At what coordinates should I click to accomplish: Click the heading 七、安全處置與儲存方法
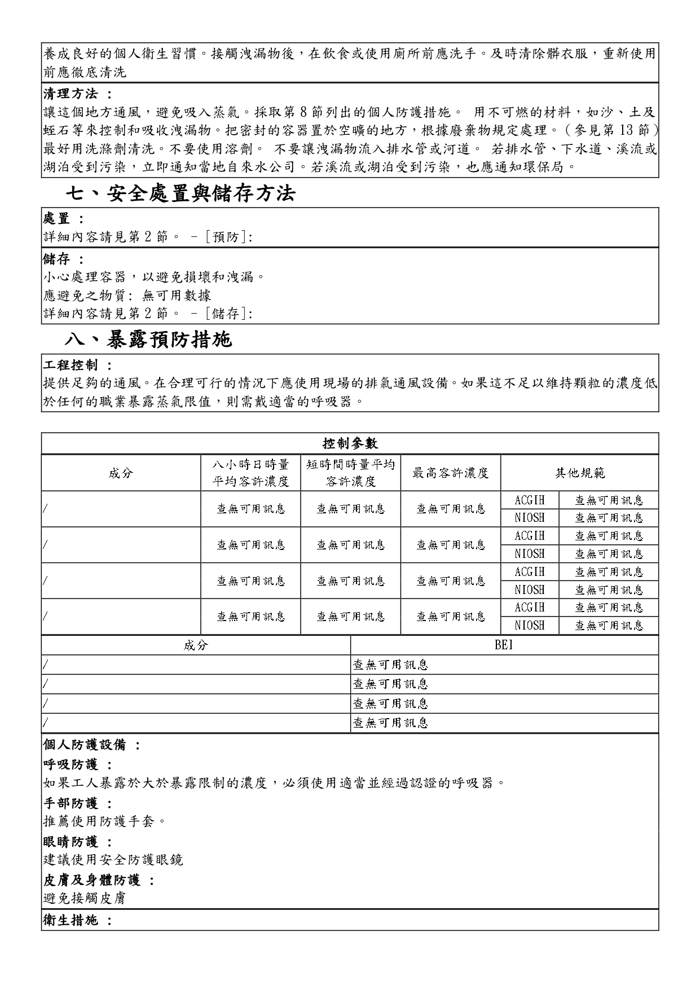tap(180, 193)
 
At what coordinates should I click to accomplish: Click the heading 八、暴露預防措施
tap(148, 340)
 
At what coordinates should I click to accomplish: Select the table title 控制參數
tap(350, 443)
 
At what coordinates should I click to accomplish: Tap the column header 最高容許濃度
tap(450, 473)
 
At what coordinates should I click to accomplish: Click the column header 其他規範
tap(579, 473)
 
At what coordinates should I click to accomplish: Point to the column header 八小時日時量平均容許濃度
tap(250, 473)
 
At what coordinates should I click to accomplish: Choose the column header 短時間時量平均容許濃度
tap(350, 473)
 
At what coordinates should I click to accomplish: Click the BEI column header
tap(504, 645)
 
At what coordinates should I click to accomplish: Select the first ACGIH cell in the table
tap(530, 500)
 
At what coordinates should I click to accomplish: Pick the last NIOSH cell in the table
tap(530, 625)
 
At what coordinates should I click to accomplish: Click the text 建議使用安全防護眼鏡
tap(113, 860)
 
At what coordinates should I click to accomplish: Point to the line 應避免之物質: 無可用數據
tap(127, 295)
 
